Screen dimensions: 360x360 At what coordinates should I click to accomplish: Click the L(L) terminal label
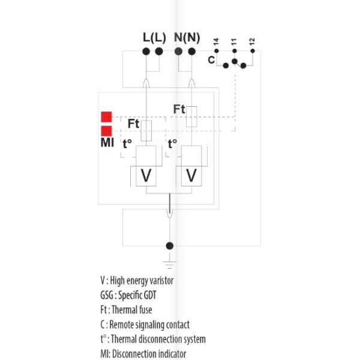coord(154,37)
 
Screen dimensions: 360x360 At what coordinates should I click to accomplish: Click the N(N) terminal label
coord(187,37)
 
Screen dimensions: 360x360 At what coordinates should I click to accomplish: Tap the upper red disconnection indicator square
coord(106,117)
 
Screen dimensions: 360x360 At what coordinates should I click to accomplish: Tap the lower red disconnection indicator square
coord(106,131)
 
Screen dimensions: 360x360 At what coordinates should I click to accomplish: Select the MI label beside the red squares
coord(106,144)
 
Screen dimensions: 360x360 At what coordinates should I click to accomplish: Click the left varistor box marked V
coord(146,175)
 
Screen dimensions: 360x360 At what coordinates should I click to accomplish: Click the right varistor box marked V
coord(191,175)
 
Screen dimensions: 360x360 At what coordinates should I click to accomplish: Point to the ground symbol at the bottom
coord(170,261)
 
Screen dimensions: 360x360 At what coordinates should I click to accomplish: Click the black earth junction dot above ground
coord(170,245)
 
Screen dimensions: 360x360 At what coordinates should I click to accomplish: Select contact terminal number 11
coord(234,42)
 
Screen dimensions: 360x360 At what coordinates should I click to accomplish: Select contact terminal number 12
coord(252,42)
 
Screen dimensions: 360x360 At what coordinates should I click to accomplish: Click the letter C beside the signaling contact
coord(211,60)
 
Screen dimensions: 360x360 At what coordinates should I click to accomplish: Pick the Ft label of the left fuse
coord(133,124)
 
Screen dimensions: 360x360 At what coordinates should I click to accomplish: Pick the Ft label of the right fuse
coord(179,109)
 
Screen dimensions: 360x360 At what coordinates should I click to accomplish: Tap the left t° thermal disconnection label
coord(127,144)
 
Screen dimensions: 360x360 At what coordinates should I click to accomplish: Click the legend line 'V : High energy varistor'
coord(137,280)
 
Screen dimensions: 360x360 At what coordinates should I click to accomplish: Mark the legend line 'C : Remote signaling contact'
coord(145,325)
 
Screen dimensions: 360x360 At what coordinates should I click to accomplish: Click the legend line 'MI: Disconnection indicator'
coord(143,353)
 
